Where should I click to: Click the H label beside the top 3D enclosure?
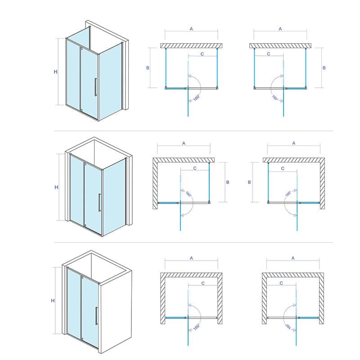coord(55,72)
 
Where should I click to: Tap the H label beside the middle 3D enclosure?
coord(57,187)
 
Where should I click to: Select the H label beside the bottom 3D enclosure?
coord(53,301)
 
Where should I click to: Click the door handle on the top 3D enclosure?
coord(96,87)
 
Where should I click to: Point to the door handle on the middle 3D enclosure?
coord(99,202)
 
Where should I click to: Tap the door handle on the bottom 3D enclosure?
coord(96,316)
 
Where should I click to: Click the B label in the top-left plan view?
coord(148,68)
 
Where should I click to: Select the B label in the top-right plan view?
coord(324,68)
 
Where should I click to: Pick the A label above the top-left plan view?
coord(191,29)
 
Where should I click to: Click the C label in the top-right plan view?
coord(269,54)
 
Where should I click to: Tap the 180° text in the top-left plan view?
coord(197,98)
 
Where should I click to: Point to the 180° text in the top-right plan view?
coord(275,98)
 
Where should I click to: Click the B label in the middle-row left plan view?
coord(228,182)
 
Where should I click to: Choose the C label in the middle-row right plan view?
coord(283,168)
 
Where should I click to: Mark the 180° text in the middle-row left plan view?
coord(188,194)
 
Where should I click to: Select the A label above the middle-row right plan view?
coord(294,143)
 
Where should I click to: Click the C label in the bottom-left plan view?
coord(203,283)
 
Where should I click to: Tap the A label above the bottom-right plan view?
coord(293,258)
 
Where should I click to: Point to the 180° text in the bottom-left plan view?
coord(197,327)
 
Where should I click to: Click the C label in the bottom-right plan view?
coord(281,283)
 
